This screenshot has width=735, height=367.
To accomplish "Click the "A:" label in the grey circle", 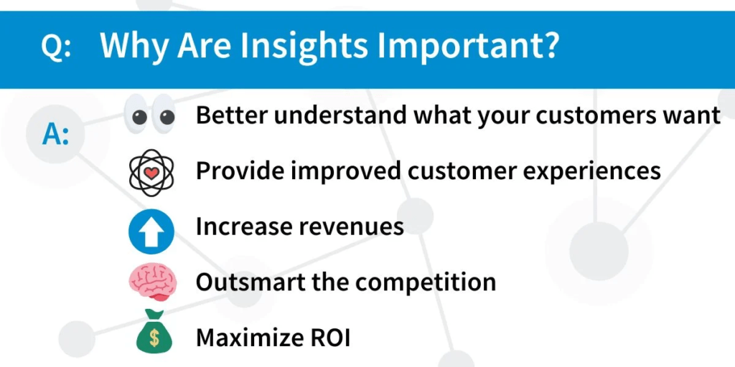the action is point(55,135).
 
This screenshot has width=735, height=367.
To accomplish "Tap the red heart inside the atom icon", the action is point(151,173).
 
